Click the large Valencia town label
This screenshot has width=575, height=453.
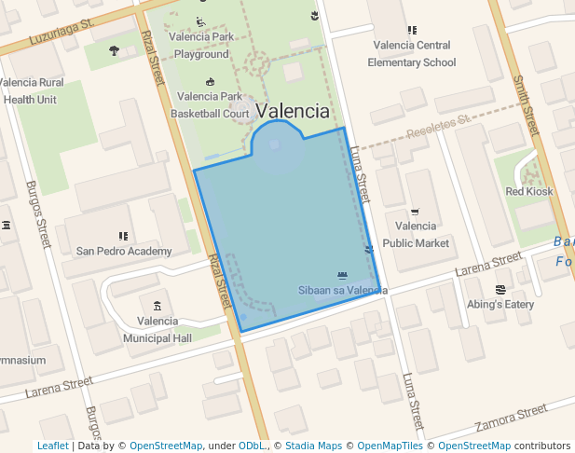coord(293,112)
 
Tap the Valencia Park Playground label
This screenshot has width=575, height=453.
coord(201,46)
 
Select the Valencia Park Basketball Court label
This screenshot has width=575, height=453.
coord(210,104)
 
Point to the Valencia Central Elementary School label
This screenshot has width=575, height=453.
coord(412,53)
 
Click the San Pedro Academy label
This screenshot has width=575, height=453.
coord(124,251)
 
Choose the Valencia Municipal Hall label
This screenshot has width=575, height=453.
coord(157,329)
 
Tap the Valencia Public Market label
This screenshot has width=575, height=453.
coord(416,234)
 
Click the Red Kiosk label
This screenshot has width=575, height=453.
coord(528,191)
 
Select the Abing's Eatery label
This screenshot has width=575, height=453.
coord(501,304)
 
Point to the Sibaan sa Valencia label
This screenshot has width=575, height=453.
coord(342,291)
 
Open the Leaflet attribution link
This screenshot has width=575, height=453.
coord(53,446)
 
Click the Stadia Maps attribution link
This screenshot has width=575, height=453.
coord(312,446)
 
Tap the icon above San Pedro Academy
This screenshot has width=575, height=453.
coord(123,237)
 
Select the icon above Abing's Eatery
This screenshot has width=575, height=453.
coord(500,290)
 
